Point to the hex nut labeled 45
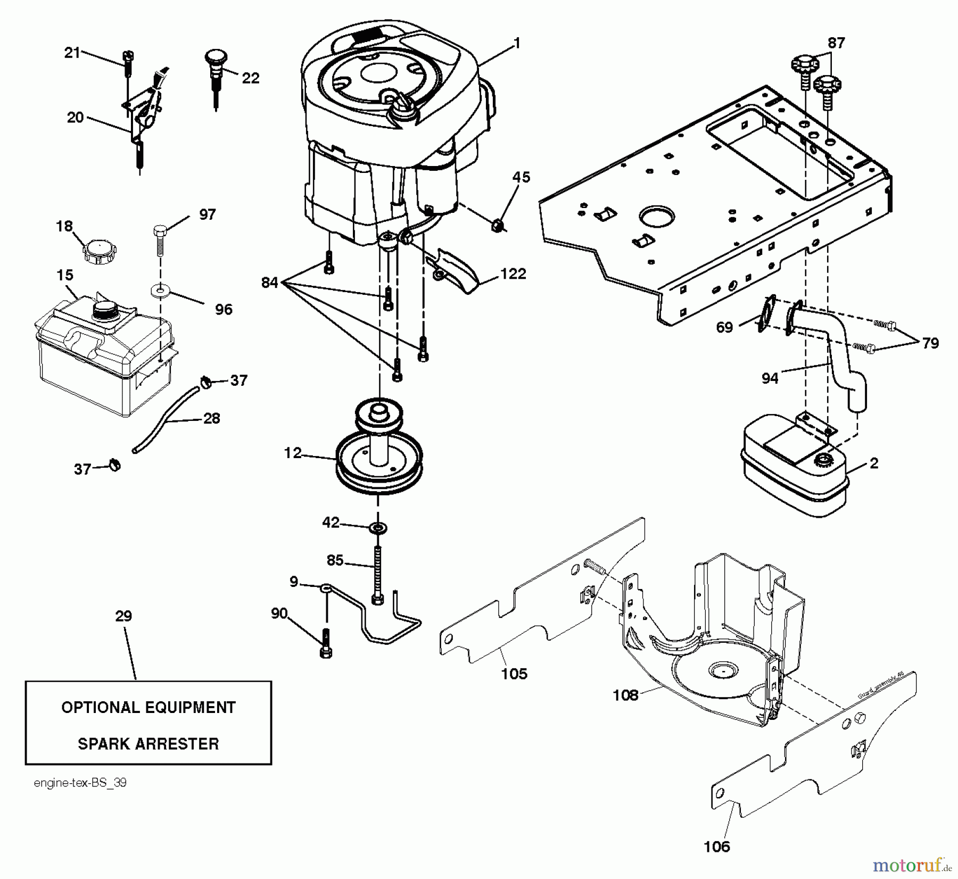pyautogui.click(x=498, y=226)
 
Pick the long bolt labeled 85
pyautogui.click(x=377, y=575)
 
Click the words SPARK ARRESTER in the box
pyautogui.click(x=148, y=743)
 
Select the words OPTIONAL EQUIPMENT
pyautogui.click(x=148, y=707)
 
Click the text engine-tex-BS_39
pyautogui.click(x=80, y=783)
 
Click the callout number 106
pyautogui.click(x=716, y=846)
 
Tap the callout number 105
pyautogui.click(x=514, y=674)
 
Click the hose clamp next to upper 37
pyautogui.click(x=205, y=381)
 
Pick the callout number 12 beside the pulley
pyautogui.click(x=292, y=453)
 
